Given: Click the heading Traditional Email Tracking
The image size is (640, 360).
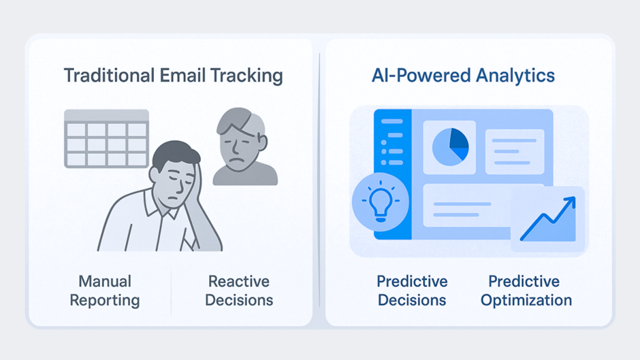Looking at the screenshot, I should (x=173, y=75).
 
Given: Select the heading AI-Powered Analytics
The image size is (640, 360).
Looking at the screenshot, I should (x=463, y=75).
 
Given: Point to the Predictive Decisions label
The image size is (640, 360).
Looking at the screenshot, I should (x=412, y=291).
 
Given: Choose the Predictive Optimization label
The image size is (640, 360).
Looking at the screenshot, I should (x=526, y=291).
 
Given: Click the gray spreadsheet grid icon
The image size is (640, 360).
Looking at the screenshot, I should (x=106, y=139).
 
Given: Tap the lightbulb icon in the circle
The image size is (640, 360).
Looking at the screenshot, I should (x=381, y=202).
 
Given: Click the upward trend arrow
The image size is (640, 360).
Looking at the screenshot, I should (x=548, y=219).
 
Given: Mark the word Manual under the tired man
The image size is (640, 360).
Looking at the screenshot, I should (x=105, y=281).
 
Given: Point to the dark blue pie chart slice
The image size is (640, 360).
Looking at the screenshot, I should (x=458, y=139).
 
